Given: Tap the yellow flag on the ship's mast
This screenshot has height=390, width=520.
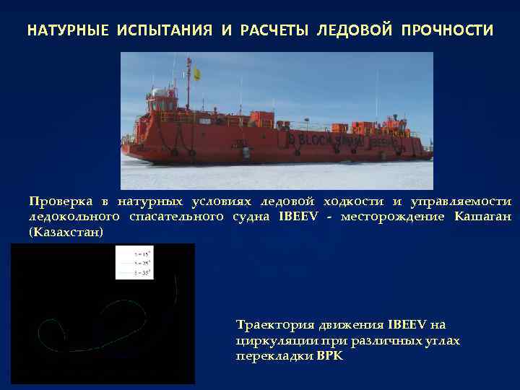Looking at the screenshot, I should point(196,72).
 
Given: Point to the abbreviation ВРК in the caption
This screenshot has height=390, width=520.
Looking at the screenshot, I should point(331,357).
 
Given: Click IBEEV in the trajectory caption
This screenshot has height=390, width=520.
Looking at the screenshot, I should point(409,325).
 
